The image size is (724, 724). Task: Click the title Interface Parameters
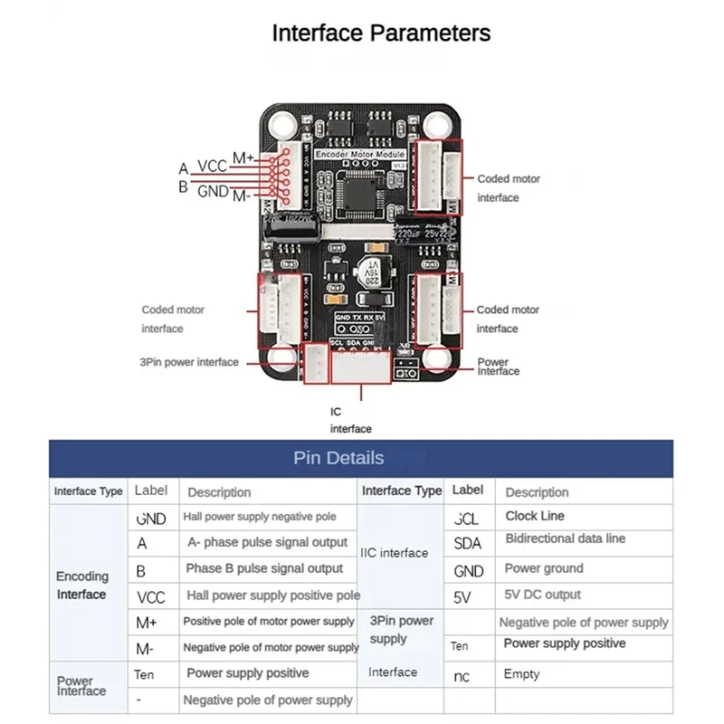381,33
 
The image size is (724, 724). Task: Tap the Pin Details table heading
338,458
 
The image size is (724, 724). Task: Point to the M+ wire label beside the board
243,158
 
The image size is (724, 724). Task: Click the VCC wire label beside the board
213,167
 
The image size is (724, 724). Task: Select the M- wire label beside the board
241,196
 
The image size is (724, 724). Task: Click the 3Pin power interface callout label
190,362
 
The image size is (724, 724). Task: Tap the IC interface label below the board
350,420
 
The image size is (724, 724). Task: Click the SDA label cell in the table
468,543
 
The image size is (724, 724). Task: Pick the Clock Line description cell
534,516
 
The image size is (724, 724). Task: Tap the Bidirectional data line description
565,538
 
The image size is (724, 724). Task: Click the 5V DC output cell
542,595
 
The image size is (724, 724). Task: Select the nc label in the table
462,676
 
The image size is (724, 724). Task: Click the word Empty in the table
521,674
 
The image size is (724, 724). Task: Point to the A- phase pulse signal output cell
267,542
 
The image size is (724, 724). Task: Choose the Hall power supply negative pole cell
260,517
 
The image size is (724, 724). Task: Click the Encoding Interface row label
81,585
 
